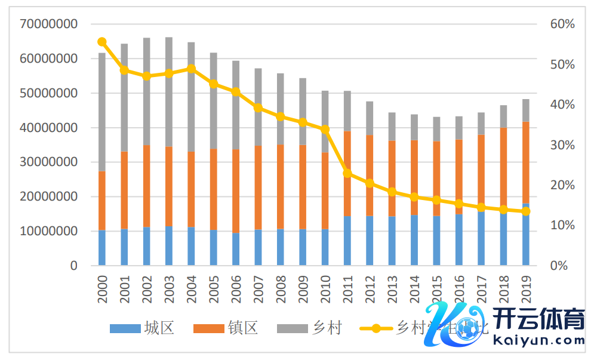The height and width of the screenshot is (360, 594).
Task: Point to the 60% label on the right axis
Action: click(562, 24)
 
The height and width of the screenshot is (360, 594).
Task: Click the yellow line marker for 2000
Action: click(102, 42)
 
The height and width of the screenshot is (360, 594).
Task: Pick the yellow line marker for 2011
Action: click(347, 173)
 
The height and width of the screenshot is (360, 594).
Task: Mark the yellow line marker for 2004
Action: click(191, 68)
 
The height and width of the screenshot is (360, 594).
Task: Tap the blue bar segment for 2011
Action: click(347, 241)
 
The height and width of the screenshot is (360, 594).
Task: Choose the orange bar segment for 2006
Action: click(236, 191)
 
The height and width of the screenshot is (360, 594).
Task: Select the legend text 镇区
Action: click(242, 328)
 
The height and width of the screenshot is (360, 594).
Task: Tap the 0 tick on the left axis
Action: click(73, 266)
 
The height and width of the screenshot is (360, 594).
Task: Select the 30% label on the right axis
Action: click(562, 145)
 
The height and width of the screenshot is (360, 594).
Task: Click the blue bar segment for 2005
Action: click(214, 248)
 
